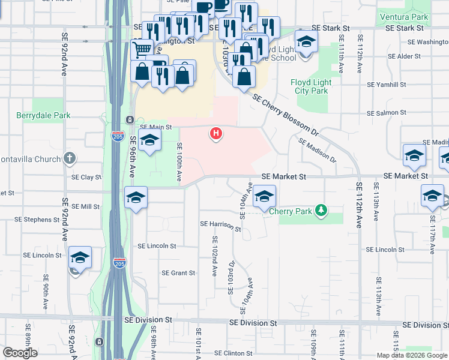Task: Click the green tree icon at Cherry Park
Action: [x=322, y=209]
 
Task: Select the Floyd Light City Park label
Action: [x=310, y=86]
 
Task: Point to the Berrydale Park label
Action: [x=43, y=115]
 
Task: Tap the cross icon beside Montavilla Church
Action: [x=70, y=158]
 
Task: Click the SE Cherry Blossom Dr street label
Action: [x=284, y=114]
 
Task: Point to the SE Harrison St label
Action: [x=220, y=226]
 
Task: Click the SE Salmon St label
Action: [x=387, y=113]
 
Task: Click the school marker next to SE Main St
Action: [x=149, y=140]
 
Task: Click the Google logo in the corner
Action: [x=20, y=353]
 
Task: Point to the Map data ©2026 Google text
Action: [x=412, y=355]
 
